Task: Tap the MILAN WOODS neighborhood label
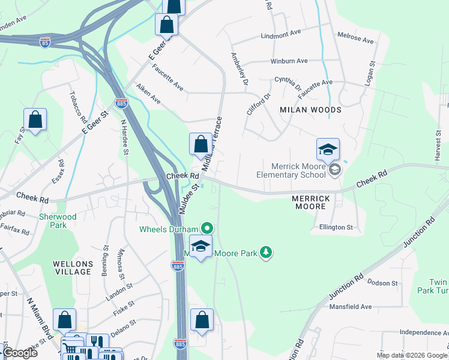310,110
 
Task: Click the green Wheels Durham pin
207,228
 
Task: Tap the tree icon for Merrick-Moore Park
265,253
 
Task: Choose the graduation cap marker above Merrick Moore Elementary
328,149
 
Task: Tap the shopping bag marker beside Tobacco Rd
35,119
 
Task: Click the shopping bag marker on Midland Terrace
200,144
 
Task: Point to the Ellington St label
336,227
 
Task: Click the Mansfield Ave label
351,307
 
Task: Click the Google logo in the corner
20,353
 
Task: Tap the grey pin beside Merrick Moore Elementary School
335,171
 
